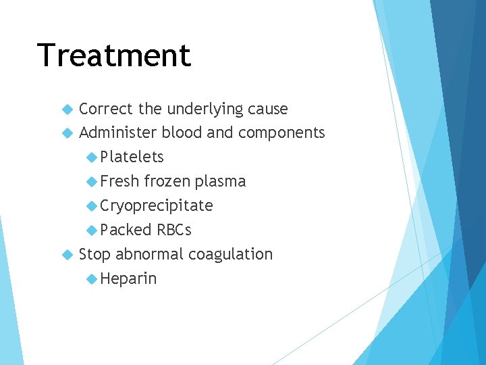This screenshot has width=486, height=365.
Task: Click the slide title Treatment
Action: click(114, 55)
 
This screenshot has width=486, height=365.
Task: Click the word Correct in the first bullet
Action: click(106, 109)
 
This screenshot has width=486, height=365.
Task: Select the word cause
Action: click(267, 109)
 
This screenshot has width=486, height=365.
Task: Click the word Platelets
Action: click(132, 157)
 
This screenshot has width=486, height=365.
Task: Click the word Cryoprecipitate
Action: click(157, 206)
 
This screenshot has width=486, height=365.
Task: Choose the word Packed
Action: click(126, 230)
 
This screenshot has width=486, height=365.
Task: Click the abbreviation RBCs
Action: click(174, 230)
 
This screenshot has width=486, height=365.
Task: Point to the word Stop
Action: click(94, 255)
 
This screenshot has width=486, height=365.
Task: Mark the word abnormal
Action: click(149, 255)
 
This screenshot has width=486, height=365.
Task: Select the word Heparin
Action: click(128, 279)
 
